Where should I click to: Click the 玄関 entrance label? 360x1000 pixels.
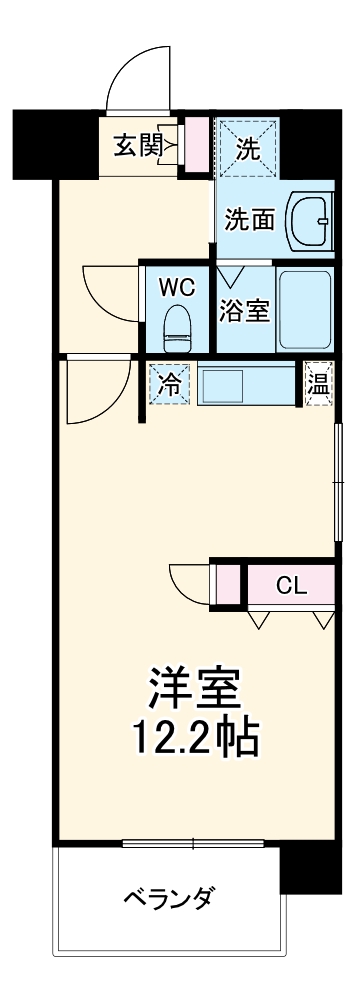(x=137, y=146)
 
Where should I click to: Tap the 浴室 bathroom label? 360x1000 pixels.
(x=244, y=311)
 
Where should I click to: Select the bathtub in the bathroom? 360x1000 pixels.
(x=307, y=309)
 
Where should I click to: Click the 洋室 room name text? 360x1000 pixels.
(x=196, y=689)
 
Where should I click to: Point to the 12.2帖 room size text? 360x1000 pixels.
(x=196, y=739)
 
